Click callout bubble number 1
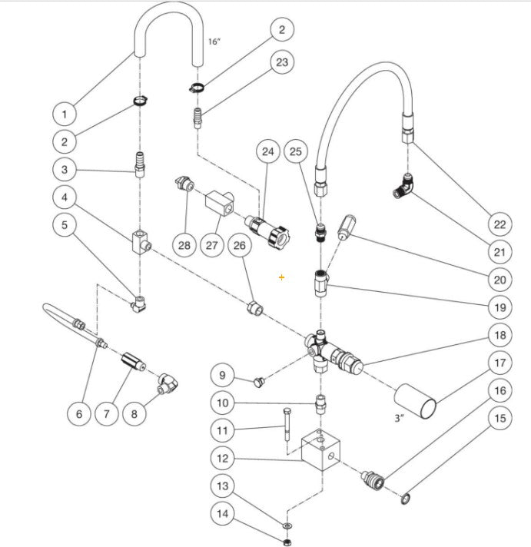click(x=65, y=114)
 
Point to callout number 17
click(x=499, y=363)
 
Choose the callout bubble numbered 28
click(x=184, y=245)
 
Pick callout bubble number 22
click(x=499, y=224)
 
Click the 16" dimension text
click(x=214, y=41)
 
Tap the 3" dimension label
click(x=398, y=419)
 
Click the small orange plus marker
click(x=282, y=277)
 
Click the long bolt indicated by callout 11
click(x=286, y=426)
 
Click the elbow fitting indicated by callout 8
click(x=167, y=382)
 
